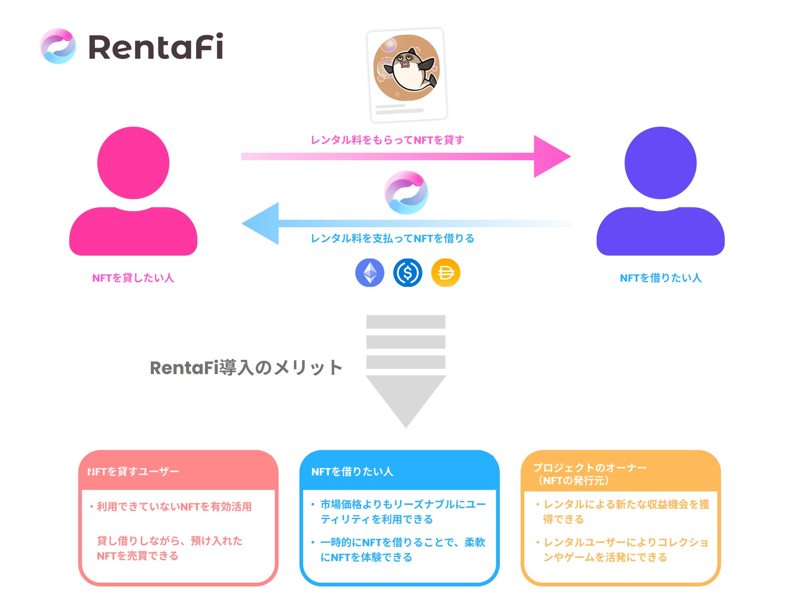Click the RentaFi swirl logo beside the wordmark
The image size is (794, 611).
tap(58, 46)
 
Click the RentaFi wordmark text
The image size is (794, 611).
tap(156, 47)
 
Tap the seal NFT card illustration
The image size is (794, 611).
tap(407, 75)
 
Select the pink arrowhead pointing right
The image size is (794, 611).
tap(549, 156)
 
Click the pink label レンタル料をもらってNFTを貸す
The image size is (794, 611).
tap(387, 140)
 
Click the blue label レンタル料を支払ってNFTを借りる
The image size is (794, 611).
tap(392, 239)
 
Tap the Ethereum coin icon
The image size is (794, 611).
tap(370, 273)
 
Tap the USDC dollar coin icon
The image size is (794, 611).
tap(408, 273)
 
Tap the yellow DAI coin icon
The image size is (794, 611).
tap(446, 273)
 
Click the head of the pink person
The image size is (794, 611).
tap(133, 163)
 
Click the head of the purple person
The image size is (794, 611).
tap(660, 163)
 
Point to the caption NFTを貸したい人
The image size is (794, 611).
tap(133, 278)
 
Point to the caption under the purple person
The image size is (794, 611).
tap(661, 278)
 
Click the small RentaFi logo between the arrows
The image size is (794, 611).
tap(406, 192)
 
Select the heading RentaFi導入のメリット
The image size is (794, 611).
tap(246, 368)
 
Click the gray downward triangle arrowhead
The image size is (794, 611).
tap(406, 398)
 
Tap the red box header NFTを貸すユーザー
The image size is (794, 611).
tap(133, 472)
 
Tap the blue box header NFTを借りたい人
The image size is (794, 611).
tap(352, 472)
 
